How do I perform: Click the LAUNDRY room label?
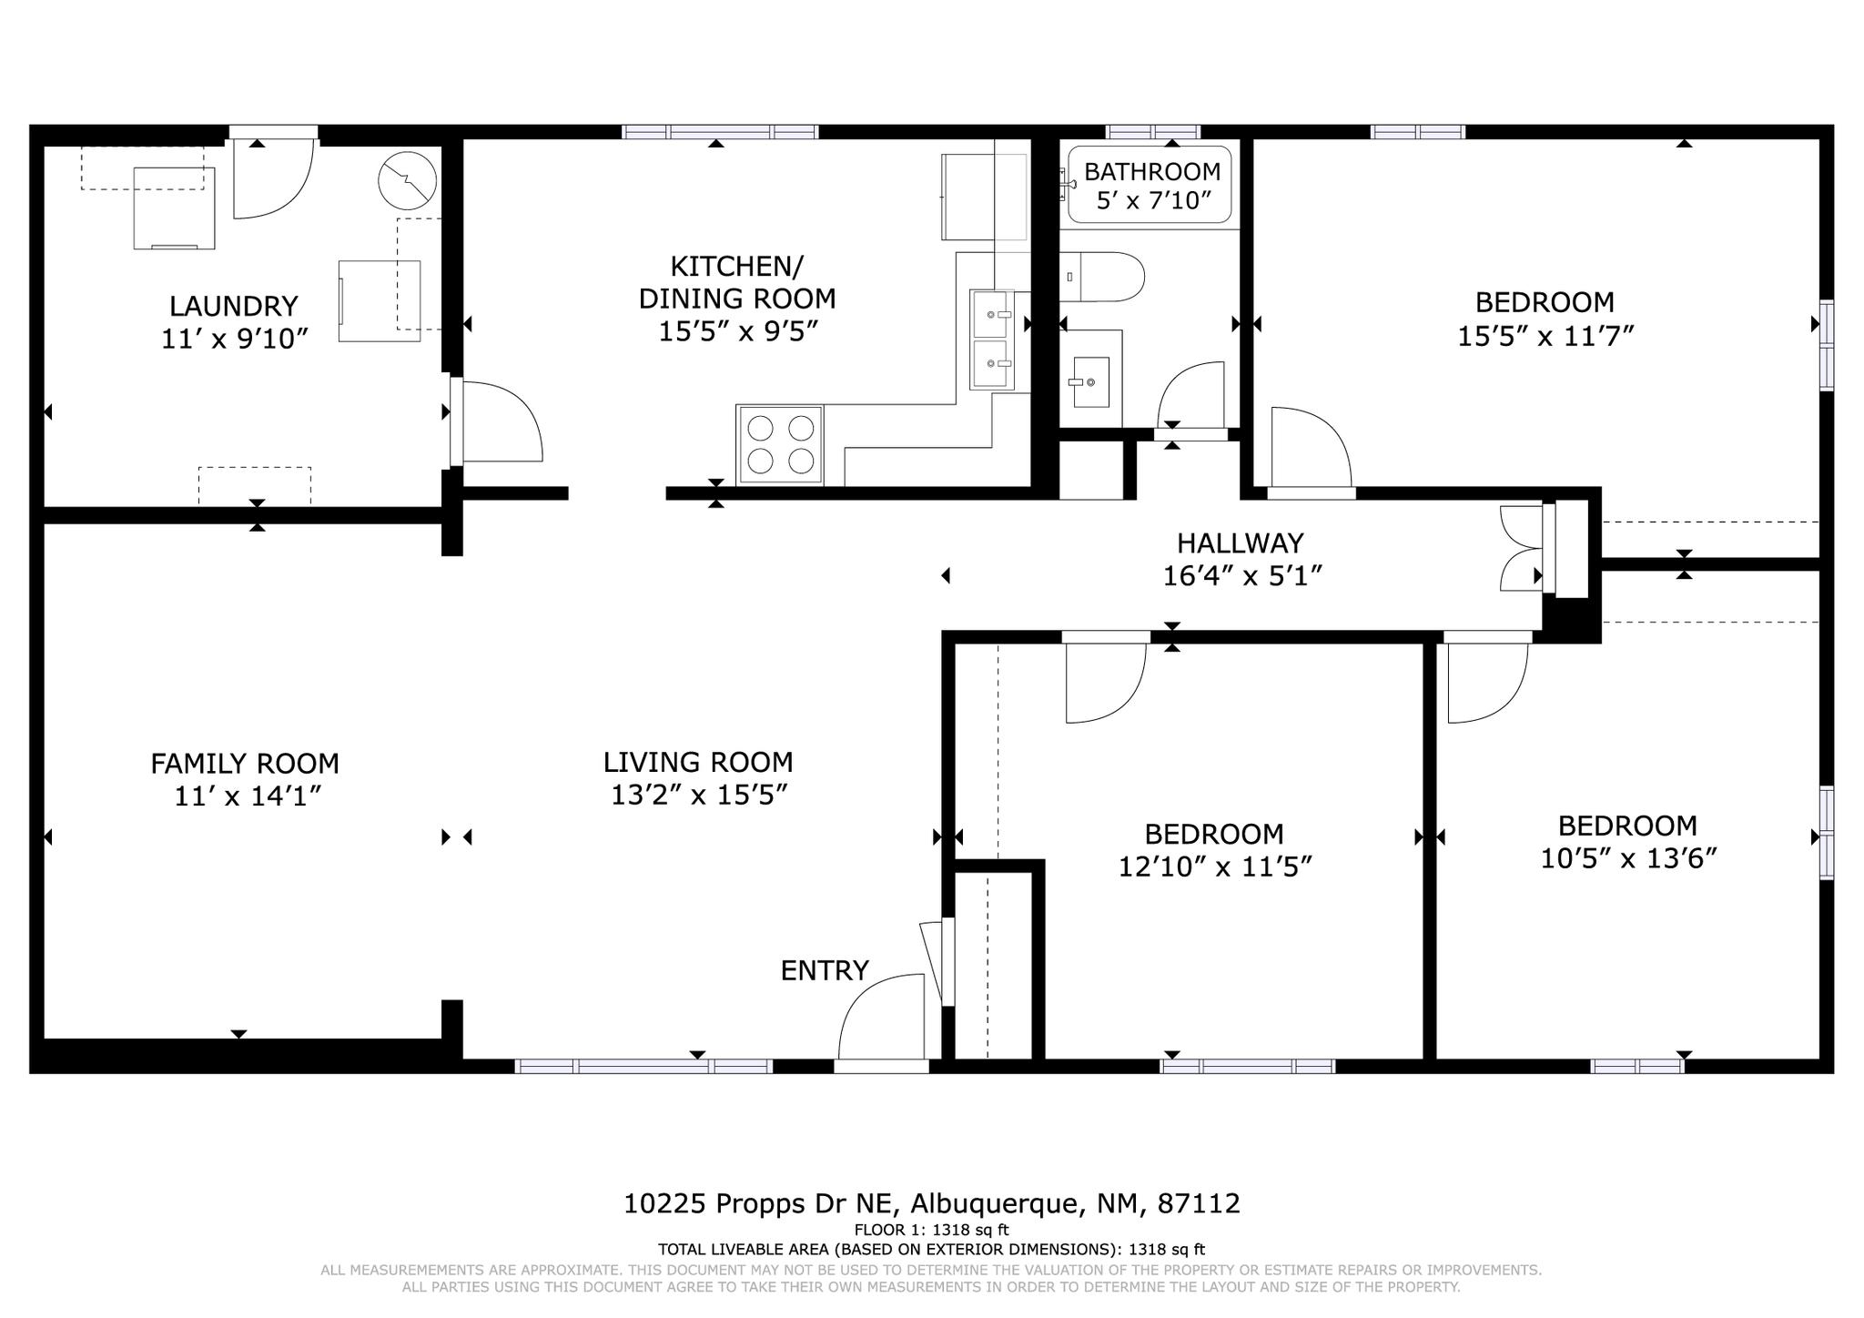tap(234, 306)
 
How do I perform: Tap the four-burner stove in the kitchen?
tap(779, 445)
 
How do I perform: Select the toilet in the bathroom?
tap(1102, 277)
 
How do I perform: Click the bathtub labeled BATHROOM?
tap(1150, 185)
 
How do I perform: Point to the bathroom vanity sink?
tap(1090, 382)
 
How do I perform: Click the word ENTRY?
tap(825, 971)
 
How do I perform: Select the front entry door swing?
tap(881, 1017)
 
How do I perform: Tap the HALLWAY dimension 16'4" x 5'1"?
tap(1241, 576)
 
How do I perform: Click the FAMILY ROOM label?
tap(245, 763)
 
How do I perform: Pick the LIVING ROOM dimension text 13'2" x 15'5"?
tap(698, 796)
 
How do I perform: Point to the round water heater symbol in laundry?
tap(407, 180)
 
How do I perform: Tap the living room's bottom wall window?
tap(643, 1066)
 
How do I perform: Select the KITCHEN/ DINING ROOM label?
tap(736, 282)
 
